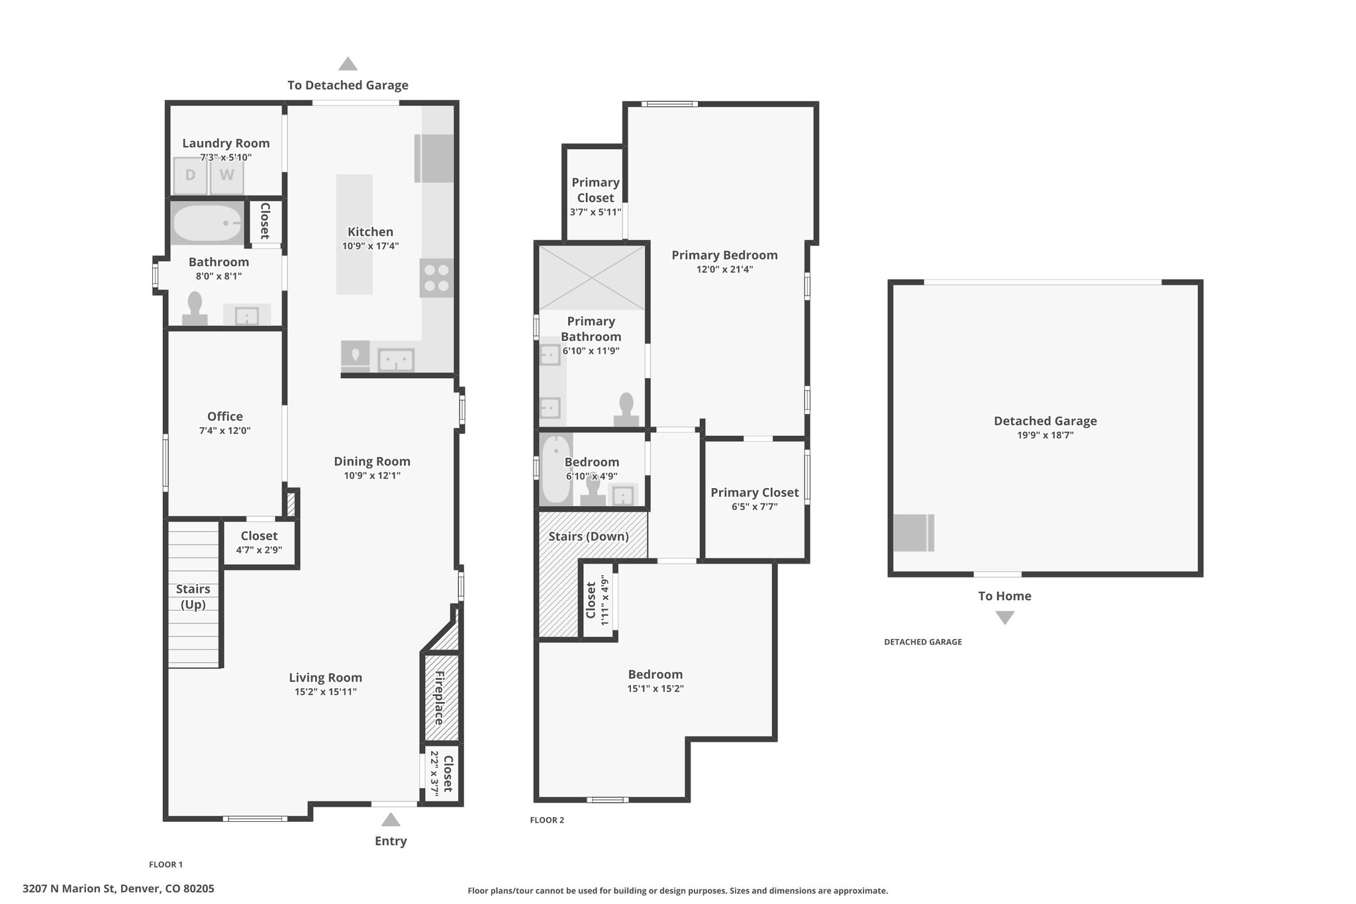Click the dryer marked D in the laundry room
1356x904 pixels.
(x=191, y=176)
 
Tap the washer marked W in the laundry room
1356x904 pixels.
(x=227, y=176)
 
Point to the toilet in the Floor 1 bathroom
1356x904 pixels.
(x=195, y=309)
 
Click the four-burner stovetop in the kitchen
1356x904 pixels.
(x=436, y=278)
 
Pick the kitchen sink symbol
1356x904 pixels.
(x=396, y=360)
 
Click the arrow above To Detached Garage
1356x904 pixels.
(x=348, y=64)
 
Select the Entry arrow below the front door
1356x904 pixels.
(x=391, y=820)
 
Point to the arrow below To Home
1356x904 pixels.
(x=1005, y=617)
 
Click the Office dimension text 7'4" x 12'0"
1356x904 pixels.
(x=225, y=431)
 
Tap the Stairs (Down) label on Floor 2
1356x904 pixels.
(x=589, y=536)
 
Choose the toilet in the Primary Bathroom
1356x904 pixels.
(x=626, y=410)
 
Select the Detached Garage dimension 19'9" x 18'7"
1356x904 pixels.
(x=1045, y=436)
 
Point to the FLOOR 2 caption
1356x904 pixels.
(x=547, y=820)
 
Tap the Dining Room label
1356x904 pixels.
(x=372, y=462)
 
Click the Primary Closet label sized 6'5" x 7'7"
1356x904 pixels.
(x=755, y=493)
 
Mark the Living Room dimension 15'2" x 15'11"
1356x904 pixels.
(x=325, y=692)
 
